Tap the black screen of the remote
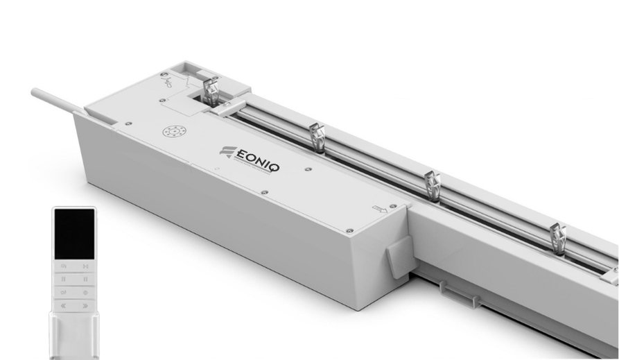point(74,232)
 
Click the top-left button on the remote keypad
point(63,266)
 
